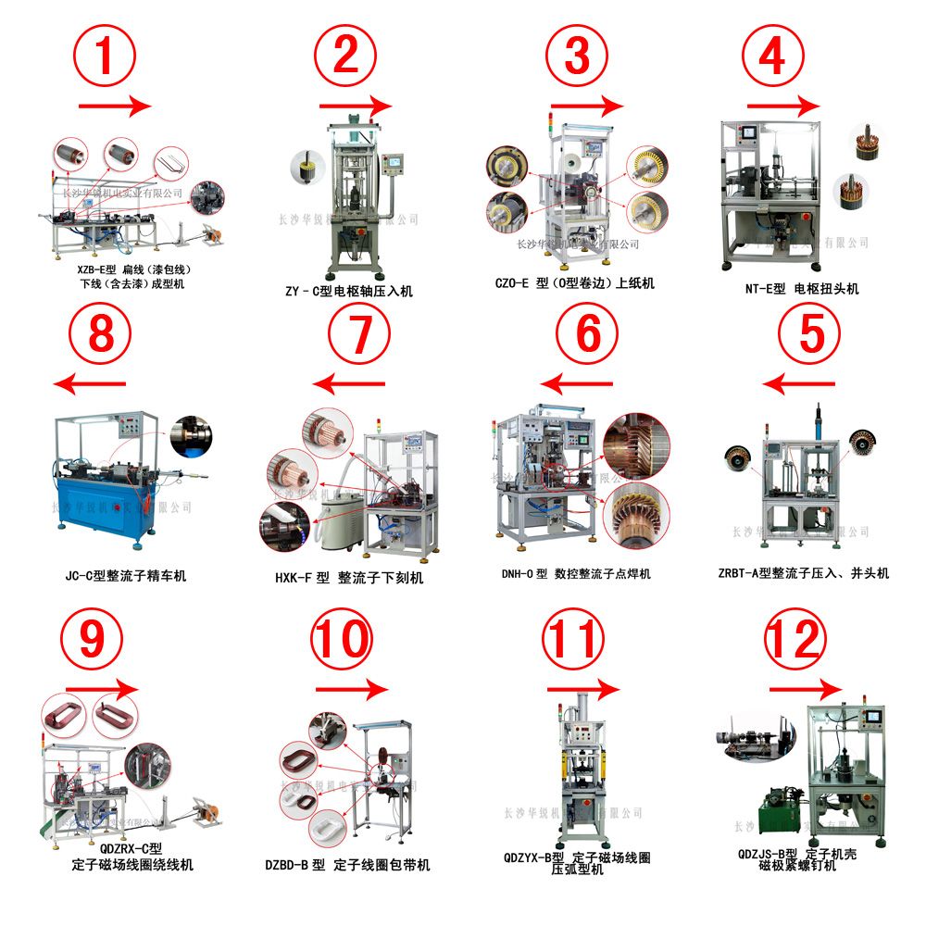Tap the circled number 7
348,336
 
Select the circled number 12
794,640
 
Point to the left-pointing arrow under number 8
90,383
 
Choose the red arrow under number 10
351,690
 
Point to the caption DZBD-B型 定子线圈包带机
346,865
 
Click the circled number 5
811,335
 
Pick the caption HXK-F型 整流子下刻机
348,578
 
